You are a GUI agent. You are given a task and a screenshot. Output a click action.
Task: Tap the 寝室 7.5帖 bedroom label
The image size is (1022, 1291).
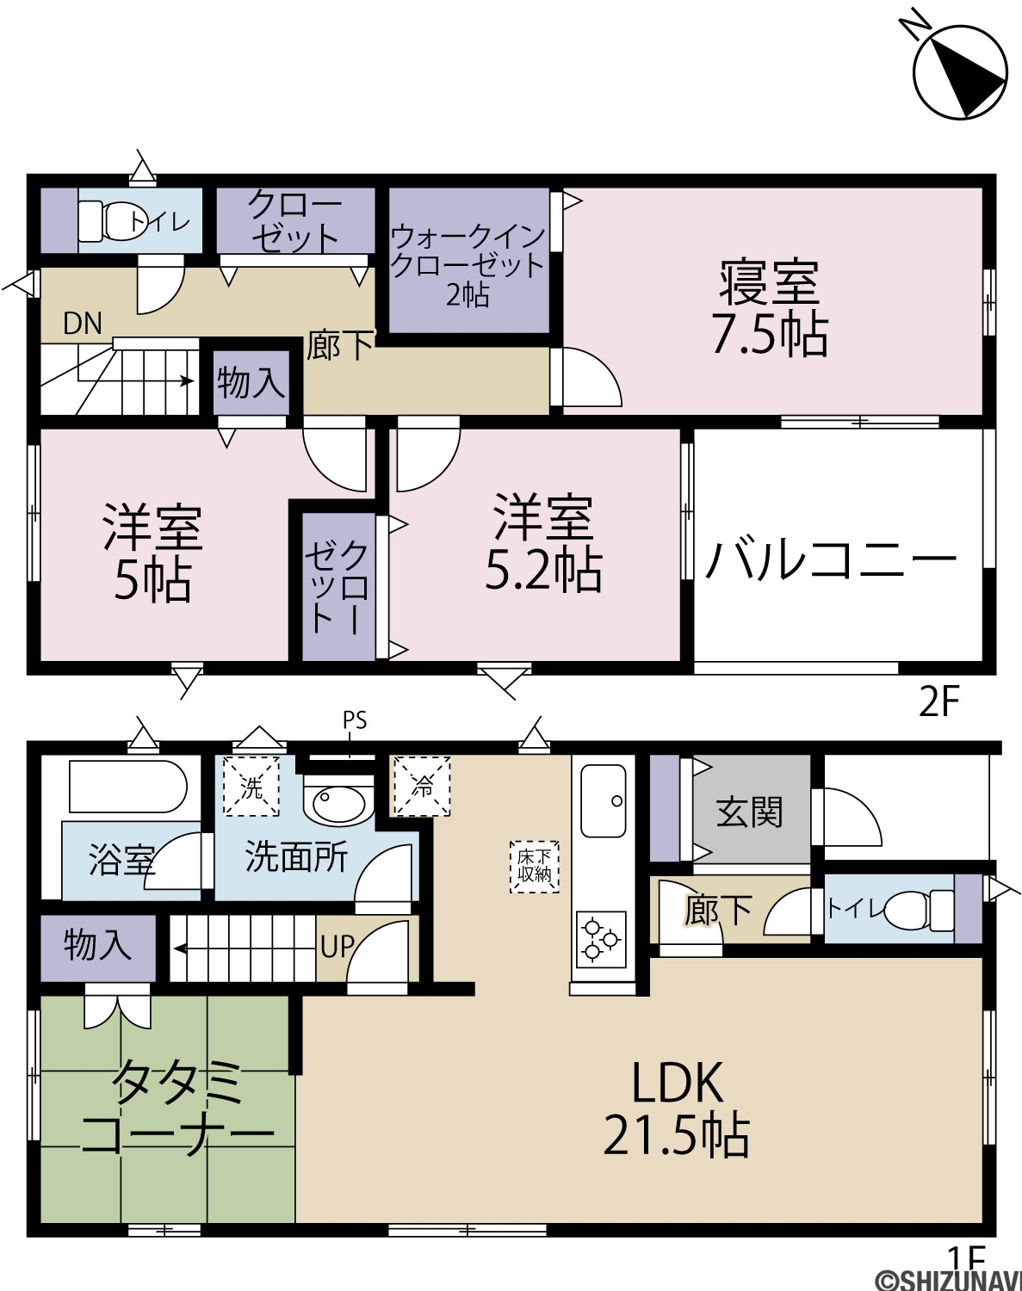pyautogui.click(x=771, y=308)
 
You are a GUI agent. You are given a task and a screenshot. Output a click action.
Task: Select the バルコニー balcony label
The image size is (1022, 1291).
pyautogui.click(x=831, y=559)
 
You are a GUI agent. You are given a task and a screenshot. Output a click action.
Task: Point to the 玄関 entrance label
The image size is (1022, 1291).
pyautogui.click(x=750, y=812)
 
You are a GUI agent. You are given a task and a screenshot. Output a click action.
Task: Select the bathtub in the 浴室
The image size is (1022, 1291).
pyautogui.click(x=127, y=787)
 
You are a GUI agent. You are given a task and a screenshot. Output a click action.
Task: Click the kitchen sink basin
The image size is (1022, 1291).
pyautogui.click(x=603, y=801)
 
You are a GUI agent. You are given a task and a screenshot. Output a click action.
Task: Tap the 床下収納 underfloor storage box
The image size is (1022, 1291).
pyautogui.click(x=534, y=867)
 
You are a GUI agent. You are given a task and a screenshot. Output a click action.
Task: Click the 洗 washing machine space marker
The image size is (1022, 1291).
pyautogui.click(x=251, y=787)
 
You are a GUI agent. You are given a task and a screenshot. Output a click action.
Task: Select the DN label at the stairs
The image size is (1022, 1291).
pyautogui.click(x=82, y=324)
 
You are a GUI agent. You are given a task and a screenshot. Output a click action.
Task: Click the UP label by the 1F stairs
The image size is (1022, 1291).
pyautogui.click(x=337, y=948)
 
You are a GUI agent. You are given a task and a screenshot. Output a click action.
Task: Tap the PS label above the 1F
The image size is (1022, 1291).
pyautogui.click(x=354, y=720)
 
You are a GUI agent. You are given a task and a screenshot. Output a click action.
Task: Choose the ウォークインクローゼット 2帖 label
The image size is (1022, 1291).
pyautogui.click(x=468, y=266)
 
